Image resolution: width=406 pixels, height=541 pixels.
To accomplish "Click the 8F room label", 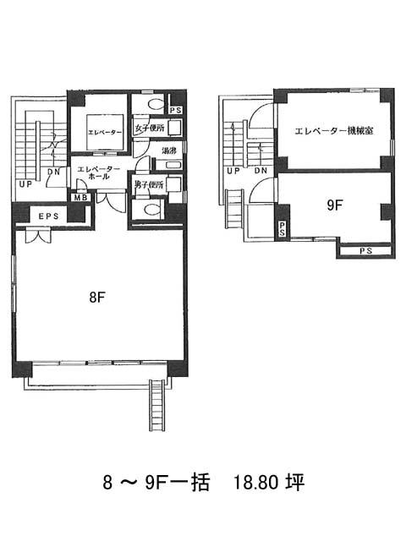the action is pos(97,297).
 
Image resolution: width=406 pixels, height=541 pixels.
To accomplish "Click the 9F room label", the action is pos(334,205).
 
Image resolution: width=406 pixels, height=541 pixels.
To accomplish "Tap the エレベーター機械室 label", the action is pos(334,131).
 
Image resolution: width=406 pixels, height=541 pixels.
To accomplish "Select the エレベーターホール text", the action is pos(99,172).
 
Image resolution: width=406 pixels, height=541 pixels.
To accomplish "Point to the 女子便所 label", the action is pos(149,128).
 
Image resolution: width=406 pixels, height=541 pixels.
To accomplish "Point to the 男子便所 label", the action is pos(149,185).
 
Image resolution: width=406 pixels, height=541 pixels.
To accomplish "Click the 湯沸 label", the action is pos(169,150).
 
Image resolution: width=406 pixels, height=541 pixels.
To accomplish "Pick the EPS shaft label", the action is pos(49,216).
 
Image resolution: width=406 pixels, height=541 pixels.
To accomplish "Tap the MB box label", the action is pos(81,198).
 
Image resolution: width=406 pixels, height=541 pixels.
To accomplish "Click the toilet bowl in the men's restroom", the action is pos(153,209).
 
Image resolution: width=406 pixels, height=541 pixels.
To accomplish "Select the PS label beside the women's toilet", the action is pos(176,111).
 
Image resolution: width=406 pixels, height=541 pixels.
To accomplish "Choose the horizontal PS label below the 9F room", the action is pos(365,251).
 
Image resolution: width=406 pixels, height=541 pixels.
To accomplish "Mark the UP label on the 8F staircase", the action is pos(25,184).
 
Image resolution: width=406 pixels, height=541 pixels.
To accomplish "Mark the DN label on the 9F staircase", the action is pos(261,171).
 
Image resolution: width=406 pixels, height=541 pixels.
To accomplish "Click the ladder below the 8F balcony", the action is pos(156,405).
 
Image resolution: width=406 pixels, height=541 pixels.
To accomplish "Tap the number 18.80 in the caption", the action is pos(255,483).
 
